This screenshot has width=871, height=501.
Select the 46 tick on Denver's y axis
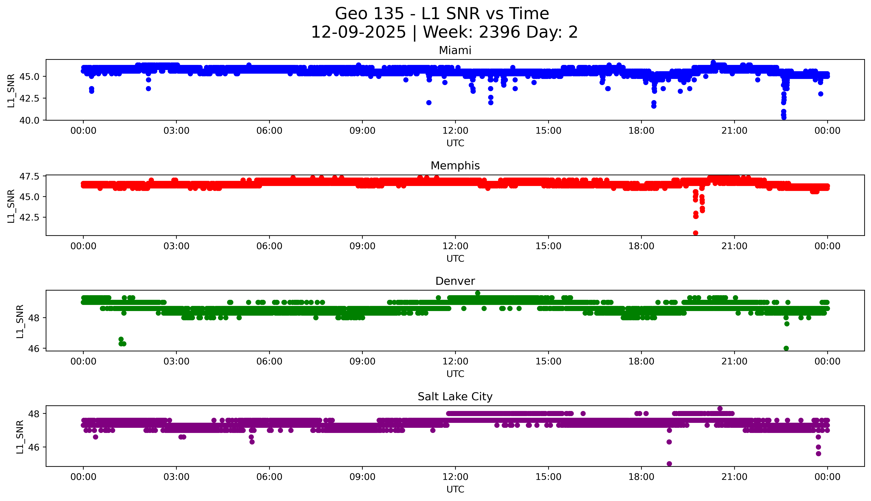coord(34,349)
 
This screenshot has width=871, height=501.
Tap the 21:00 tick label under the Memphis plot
coord(734,246)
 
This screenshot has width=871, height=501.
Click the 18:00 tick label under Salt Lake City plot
coord(641,477)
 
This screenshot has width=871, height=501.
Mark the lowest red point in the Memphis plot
coord(695,233)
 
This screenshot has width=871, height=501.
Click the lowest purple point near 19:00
coord(669,464)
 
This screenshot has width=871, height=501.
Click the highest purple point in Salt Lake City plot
coord(720,408)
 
